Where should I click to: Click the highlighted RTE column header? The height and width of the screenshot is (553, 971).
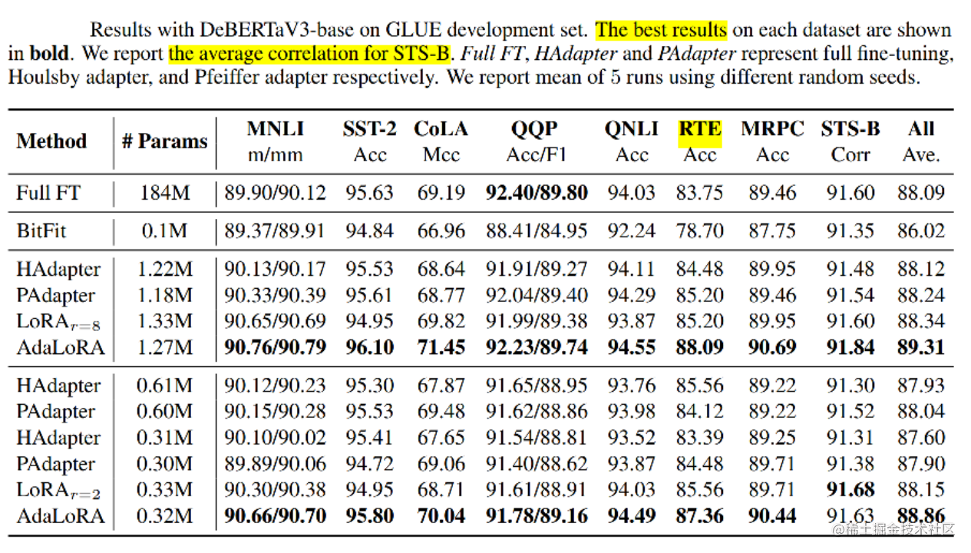pos(699,129)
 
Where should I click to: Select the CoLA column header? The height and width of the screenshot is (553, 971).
pos(441,129)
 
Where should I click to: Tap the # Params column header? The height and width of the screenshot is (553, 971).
pos(164,141)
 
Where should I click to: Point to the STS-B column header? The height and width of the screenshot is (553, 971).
pos(850,129)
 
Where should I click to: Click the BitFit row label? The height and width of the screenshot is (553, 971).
pos(41,230)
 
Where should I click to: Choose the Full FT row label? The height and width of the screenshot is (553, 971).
pos(48,192)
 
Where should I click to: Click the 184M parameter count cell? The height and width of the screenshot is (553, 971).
pos(164,192)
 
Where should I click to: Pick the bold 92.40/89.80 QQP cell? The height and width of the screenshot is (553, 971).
pos(537,192)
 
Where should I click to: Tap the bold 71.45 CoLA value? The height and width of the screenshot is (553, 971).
pos(441,347)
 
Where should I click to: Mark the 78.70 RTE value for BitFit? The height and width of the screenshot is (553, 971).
pos(699,230)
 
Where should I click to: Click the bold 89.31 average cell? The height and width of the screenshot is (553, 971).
pos(920,347)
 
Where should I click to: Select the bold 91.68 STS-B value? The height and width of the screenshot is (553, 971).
pos(850,489)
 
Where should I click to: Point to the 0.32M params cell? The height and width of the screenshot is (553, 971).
pos(164,515)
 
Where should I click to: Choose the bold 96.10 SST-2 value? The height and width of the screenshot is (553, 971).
pos(370,347)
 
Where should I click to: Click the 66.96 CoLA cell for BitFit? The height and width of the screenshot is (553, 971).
pos(441,230)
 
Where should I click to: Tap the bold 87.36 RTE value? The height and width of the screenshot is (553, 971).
pos(699,515)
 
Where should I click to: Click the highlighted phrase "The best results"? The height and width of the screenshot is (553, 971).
pos(661,30)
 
